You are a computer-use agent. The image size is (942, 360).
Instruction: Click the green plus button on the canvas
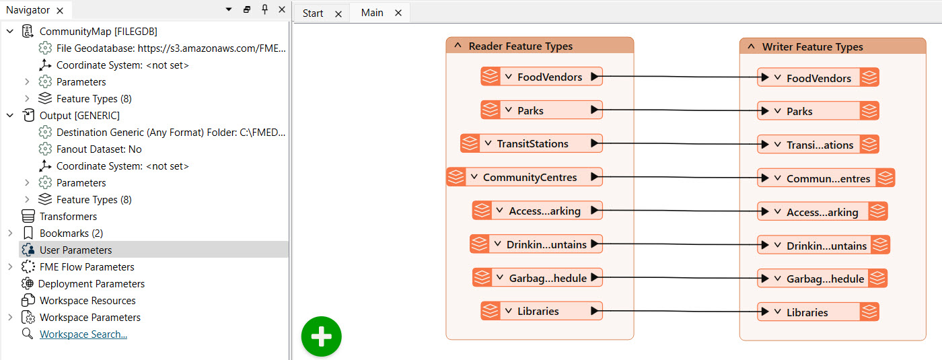point(322,336)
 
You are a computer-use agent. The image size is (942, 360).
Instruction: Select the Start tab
point(313,13)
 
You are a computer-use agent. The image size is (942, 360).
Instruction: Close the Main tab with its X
point(398,13)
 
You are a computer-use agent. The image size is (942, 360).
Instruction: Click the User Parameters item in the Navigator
point(75,250)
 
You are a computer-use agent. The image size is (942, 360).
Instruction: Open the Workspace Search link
point(83,334)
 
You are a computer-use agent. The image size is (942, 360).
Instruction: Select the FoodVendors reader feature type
point(549,77)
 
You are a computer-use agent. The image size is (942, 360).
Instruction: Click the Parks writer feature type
point(800,111)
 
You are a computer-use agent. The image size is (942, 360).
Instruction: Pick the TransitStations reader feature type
point(532,143)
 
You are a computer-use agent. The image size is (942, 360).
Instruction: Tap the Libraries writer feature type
point(807,312)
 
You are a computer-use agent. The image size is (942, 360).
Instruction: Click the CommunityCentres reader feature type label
point(530,178)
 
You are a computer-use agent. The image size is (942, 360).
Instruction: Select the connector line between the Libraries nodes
point(680,312)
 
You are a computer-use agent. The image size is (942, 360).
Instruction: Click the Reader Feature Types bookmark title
point(520,46)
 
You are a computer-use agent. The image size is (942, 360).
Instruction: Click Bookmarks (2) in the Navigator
point(71,233)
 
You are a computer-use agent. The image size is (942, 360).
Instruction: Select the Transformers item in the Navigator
point(68,216)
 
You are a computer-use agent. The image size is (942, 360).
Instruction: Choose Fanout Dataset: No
point(99,149)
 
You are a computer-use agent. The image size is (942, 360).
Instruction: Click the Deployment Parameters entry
point(92,283)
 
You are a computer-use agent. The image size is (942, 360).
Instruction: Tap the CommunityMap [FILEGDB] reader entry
point(98,31)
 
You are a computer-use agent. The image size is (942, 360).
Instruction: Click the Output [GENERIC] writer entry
point(79,115)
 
